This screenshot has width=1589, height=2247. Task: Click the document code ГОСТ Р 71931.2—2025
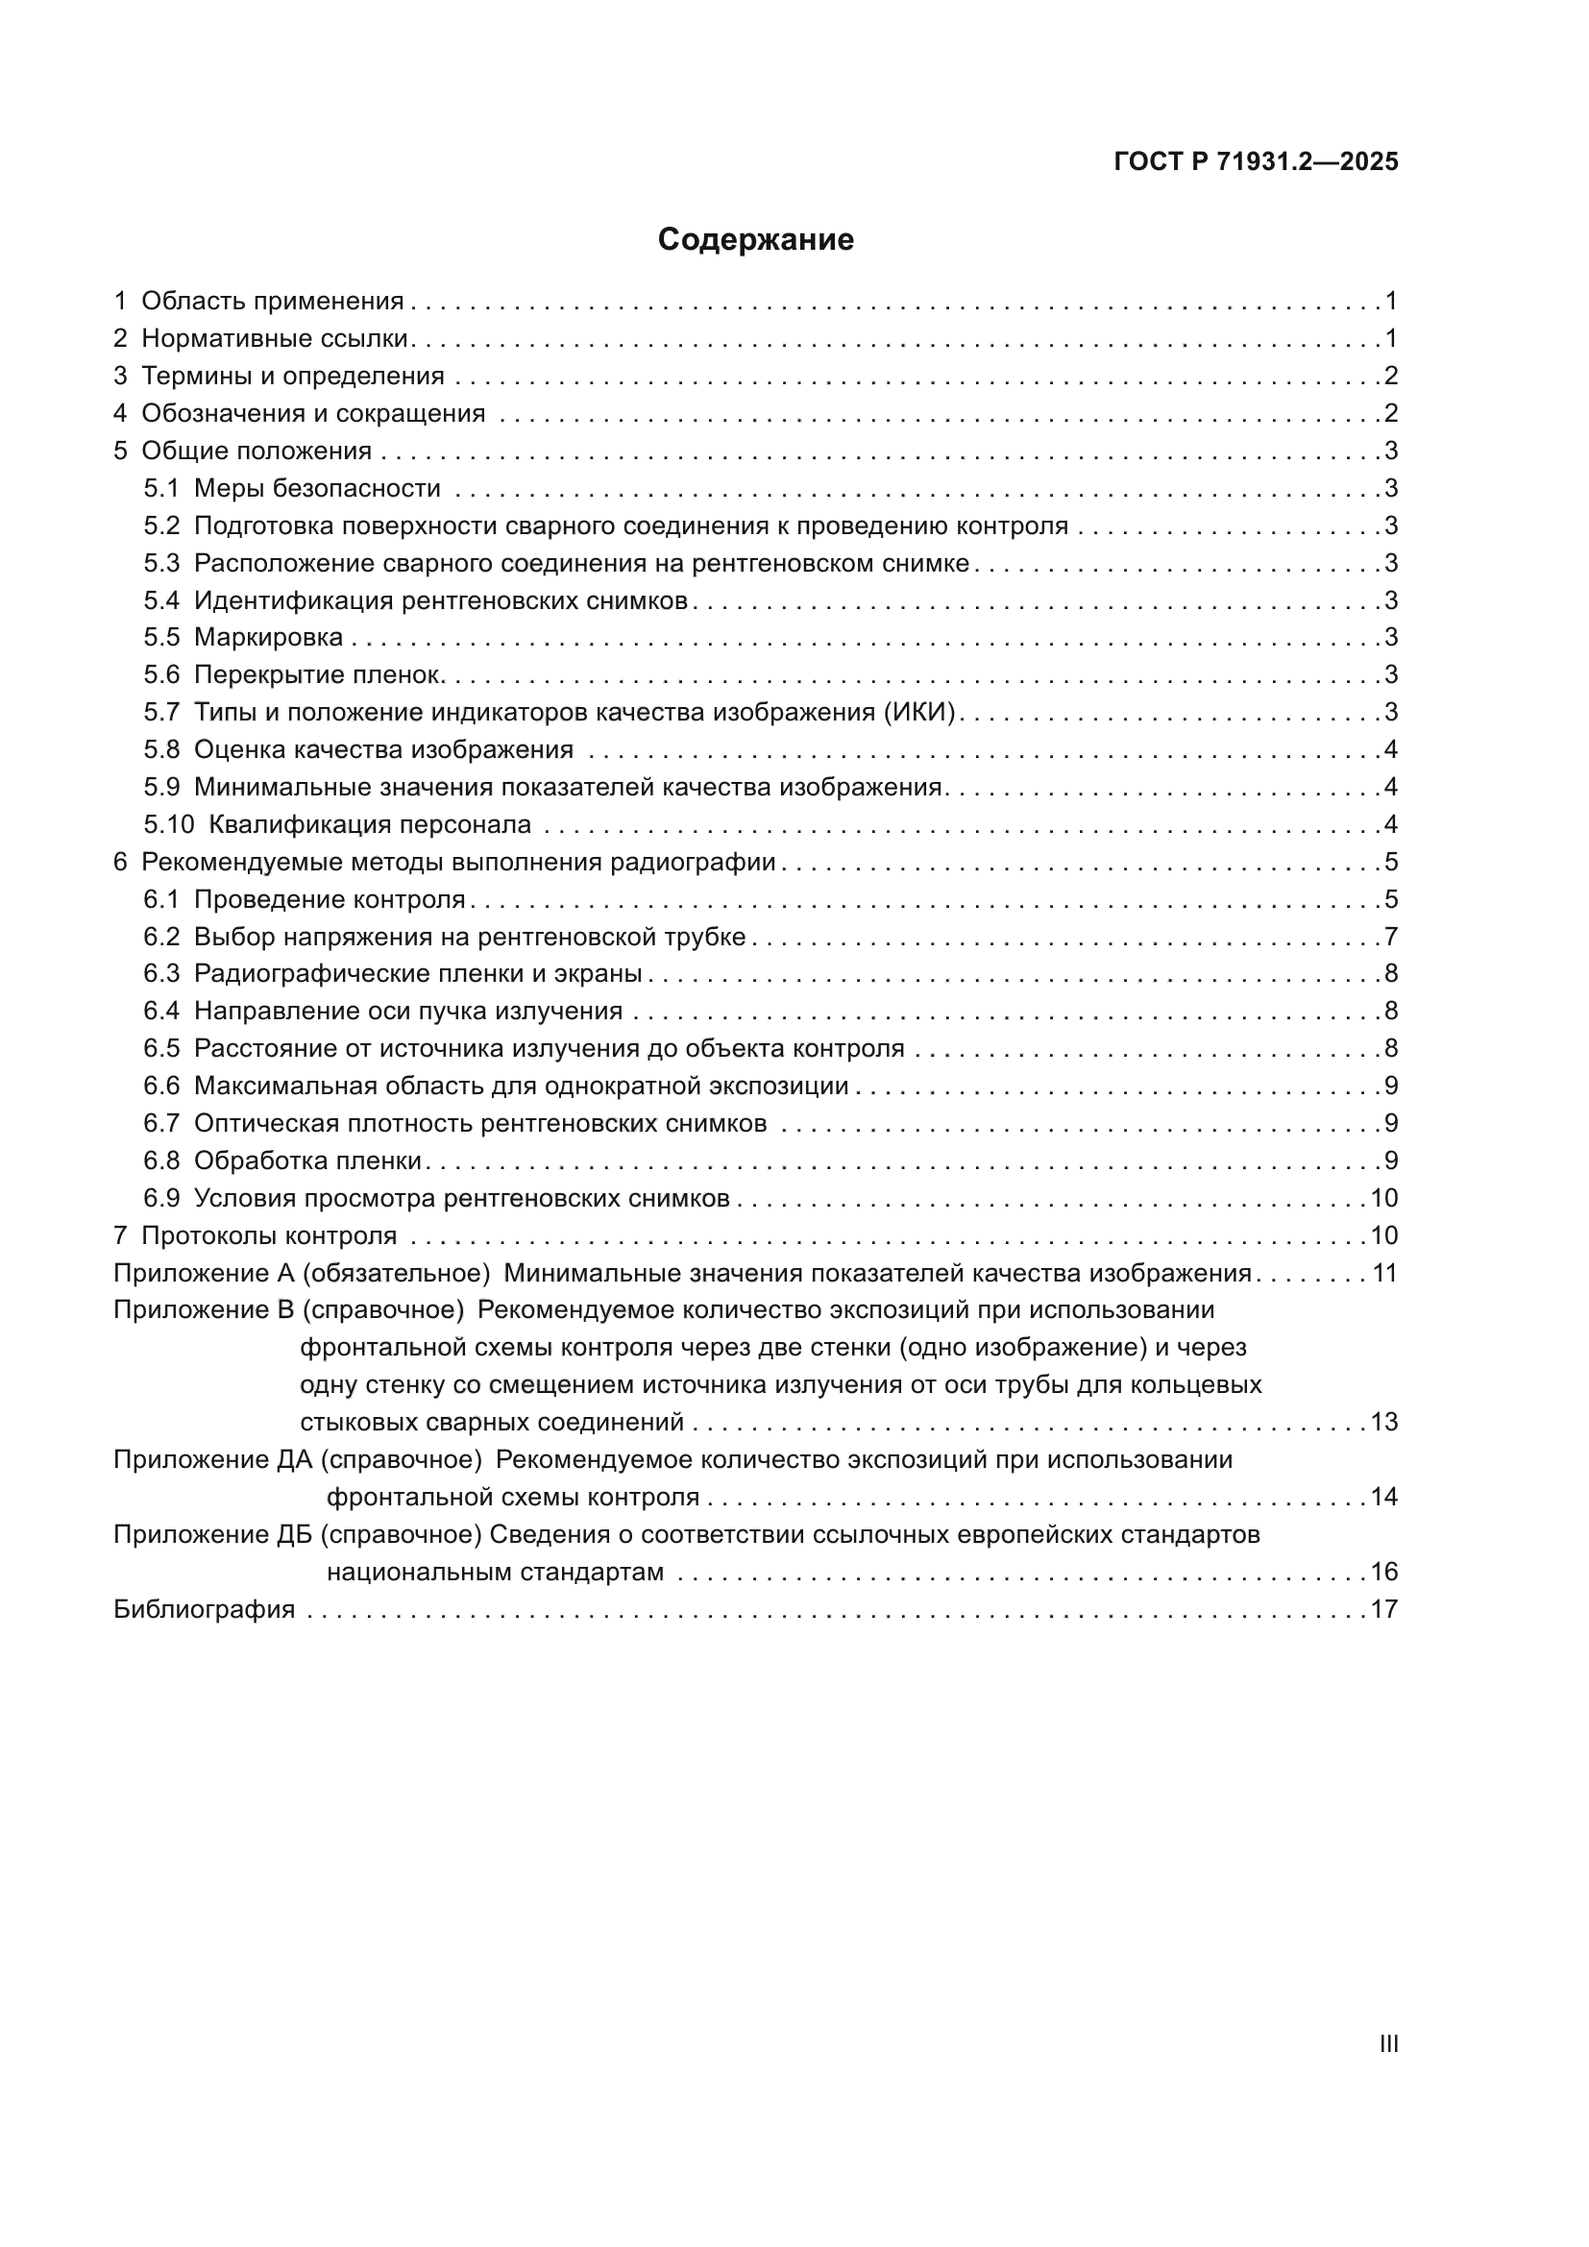point(1256,162)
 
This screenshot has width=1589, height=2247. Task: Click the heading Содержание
point(755,240)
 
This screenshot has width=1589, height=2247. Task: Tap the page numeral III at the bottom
point(1387,2043)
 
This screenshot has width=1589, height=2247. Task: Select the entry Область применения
point(272,302)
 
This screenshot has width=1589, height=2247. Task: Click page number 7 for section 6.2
point(1390,937)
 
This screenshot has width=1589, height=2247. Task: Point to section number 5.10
point(168,824)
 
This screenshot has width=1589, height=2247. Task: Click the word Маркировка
point(268,637)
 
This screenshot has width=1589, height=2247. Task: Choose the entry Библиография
point(204,1609)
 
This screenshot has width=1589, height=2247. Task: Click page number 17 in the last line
point(1383,1609)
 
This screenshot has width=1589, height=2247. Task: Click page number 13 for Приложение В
point(1383,1422)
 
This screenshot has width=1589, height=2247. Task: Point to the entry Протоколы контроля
point(269,1235)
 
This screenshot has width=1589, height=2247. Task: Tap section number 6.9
point(161,1198)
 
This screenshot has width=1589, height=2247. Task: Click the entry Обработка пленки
point(307,1160)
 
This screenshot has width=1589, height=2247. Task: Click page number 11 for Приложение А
point(1383,1273)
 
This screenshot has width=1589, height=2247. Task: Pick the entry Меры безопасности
point(317,488)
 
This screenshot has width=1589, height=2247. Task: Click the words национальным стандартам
point(495,1573)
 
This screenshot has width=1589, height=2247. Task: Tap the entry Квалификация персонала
point(370,824)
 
